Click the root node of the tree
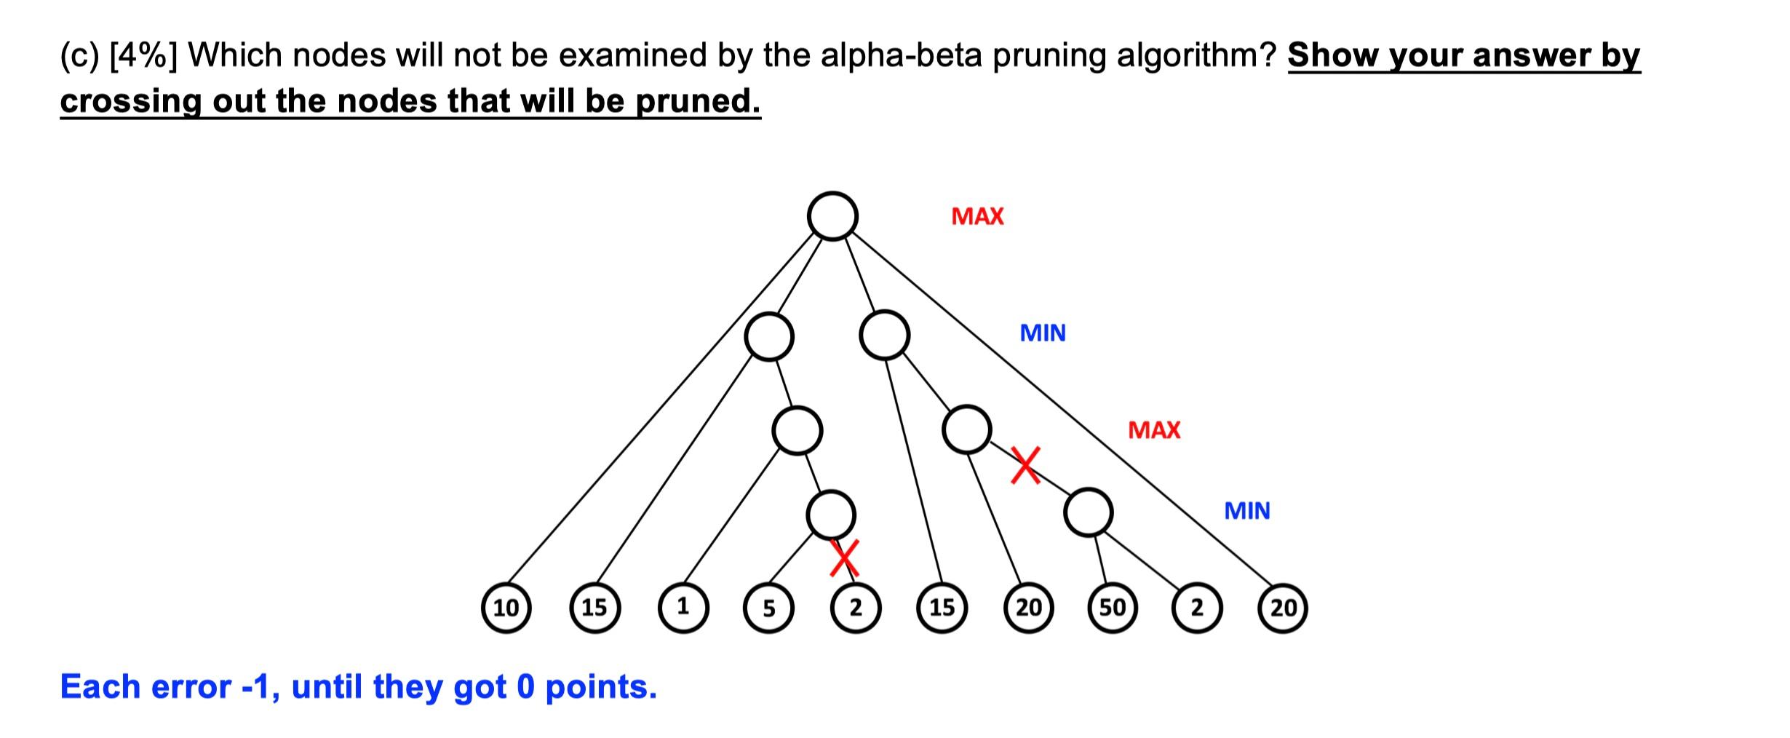832,216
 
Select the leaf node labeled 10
506,608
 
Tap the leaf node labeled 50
1113,608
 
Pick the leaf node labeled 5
768,608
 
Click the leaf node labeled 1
683,606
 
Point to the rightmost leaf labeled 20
1283,608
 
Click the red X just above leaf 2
845,558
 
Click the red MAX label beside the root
977,216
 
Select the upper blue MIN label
1042,333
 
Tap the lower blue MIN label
1246,511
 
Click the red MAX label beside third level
1153,430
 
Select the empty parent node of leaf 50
1088,512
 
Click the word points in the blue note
601,687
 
